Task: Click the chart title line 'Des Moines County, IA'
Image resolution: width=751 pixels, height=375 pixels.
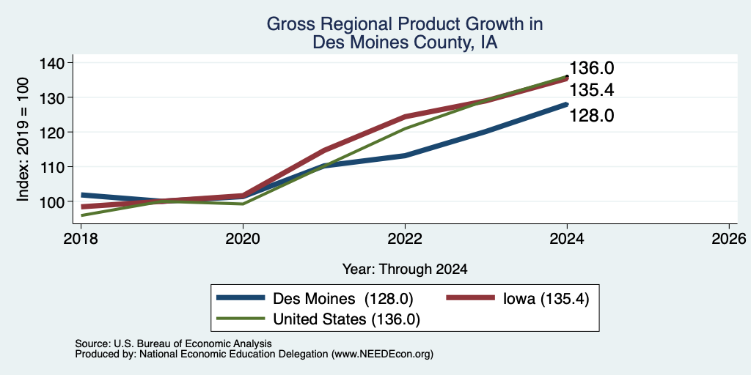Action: tap(405, 42)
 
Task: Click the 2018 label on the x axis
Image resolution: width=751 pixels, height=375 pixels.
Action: tap(81, 238)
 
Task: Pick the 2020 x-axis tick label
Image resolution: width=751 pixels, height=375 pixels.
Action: tap(243, 238)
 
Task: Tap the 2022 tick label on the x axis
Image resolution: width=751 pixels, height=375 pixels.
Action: tap(405, 238)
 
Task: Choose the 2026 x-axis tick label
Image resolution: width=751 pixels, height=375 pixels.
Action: tap(729, 238)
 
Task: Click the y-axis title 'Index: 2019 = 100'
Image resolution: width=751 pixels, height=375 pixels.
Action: tap(23, 139)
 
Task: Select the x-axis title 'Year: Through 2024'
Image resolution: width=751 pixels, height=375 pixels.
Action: tap(405, 270)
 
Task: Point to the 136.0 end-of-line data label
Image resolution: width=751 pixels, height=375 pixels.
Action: tap(592, 68)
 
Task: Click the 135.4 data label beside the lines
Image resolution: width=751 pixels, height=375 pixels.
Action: tap(592, 90)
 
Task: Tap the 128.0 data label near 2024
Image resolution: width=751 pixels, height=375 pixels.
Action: tap(592, 115)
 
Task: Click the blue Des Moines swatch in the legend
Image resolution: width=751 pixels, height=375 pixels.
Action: tap(241, 298)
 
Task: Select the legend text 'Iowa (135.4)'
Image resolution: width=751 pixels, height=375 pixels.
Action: tap(546, 299)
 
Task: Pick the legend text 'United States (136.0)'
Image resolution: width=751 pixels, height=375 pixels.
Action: tap(346, 319)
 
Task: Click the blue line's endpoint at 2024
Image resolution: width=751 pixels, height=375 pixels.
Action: tap(567, 104)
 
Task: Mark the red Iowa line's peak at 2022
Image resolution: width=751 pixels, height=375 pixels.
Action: tap(405, 116)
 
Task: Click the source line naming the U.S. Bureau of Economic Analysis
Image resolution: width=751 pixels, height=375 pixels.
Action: tap(173, 344)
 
